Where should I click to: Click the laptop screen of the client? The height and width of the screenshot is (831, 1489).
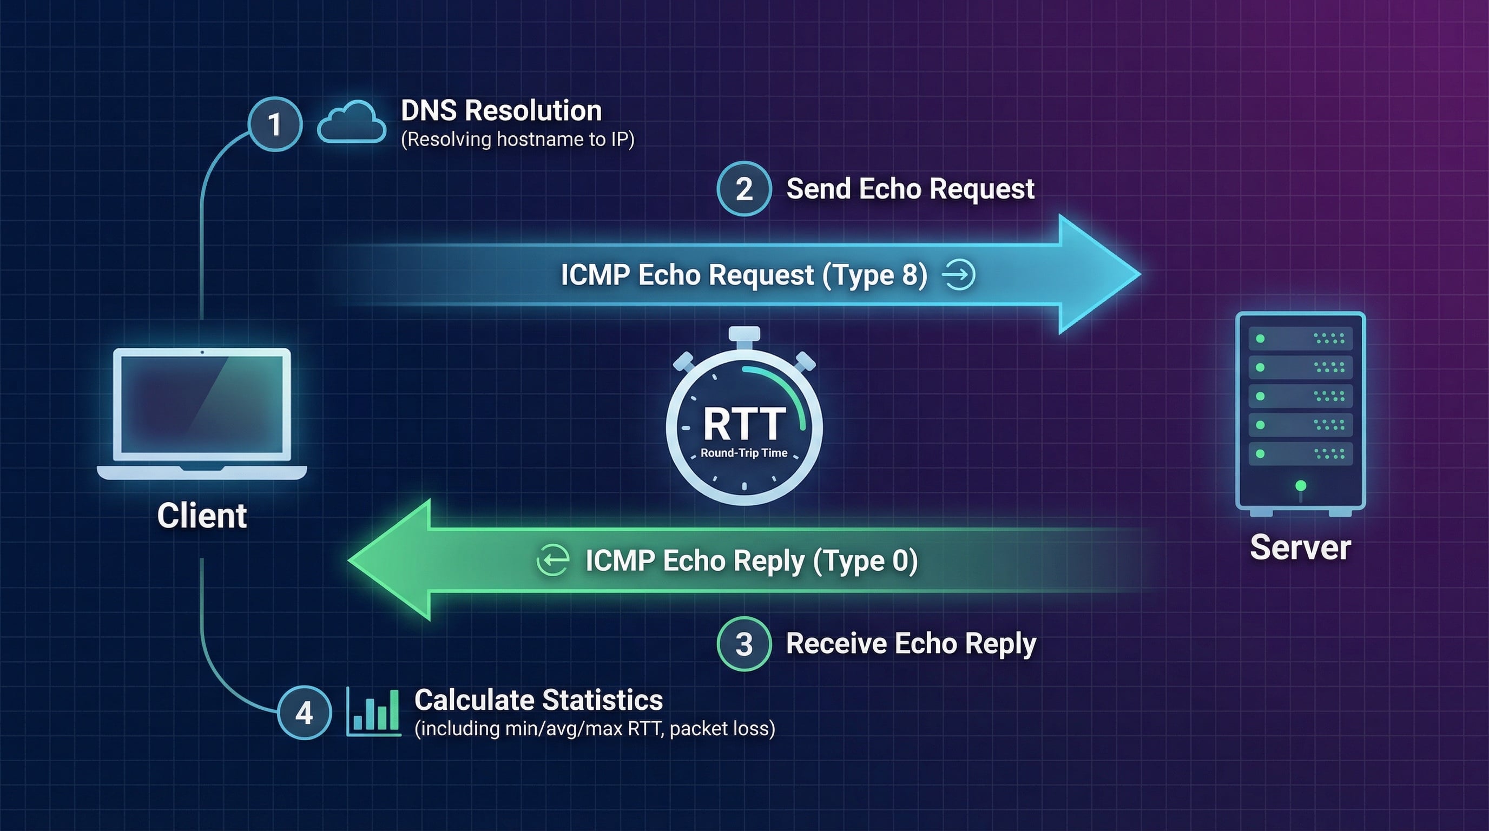click(202, 404)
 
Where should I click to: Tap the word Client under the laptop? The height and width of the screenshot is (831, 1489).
click(202, 516)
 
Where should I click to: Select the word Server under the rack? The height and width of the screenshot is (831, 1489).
click(1300, 548)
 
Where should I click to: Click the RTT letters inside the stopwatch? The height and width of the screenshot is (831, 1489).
click(744, 424)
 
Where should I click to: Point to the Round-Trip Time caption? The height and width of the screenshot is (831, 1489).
click(744, 453)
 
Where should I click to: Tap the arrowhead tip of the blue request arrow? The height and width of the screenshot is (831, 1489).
click(1141, 274)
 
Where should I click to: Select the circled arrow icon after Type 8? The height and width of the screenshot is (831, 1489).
click(959, 274)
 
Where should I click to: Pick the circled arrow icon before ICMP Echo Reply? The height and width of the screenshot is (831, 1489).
click(552, 559)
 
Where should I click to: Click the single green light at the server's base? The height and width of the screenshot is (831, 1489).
click(1301, 485)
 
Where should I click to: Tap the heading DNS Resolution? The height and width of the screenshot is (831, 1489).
click(501, 110)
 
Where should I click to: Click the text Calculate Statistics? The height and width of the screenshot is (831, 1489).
click(539, 701)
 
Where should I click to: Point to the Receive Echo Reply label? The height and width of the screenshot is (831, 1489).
click(911, 644)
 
